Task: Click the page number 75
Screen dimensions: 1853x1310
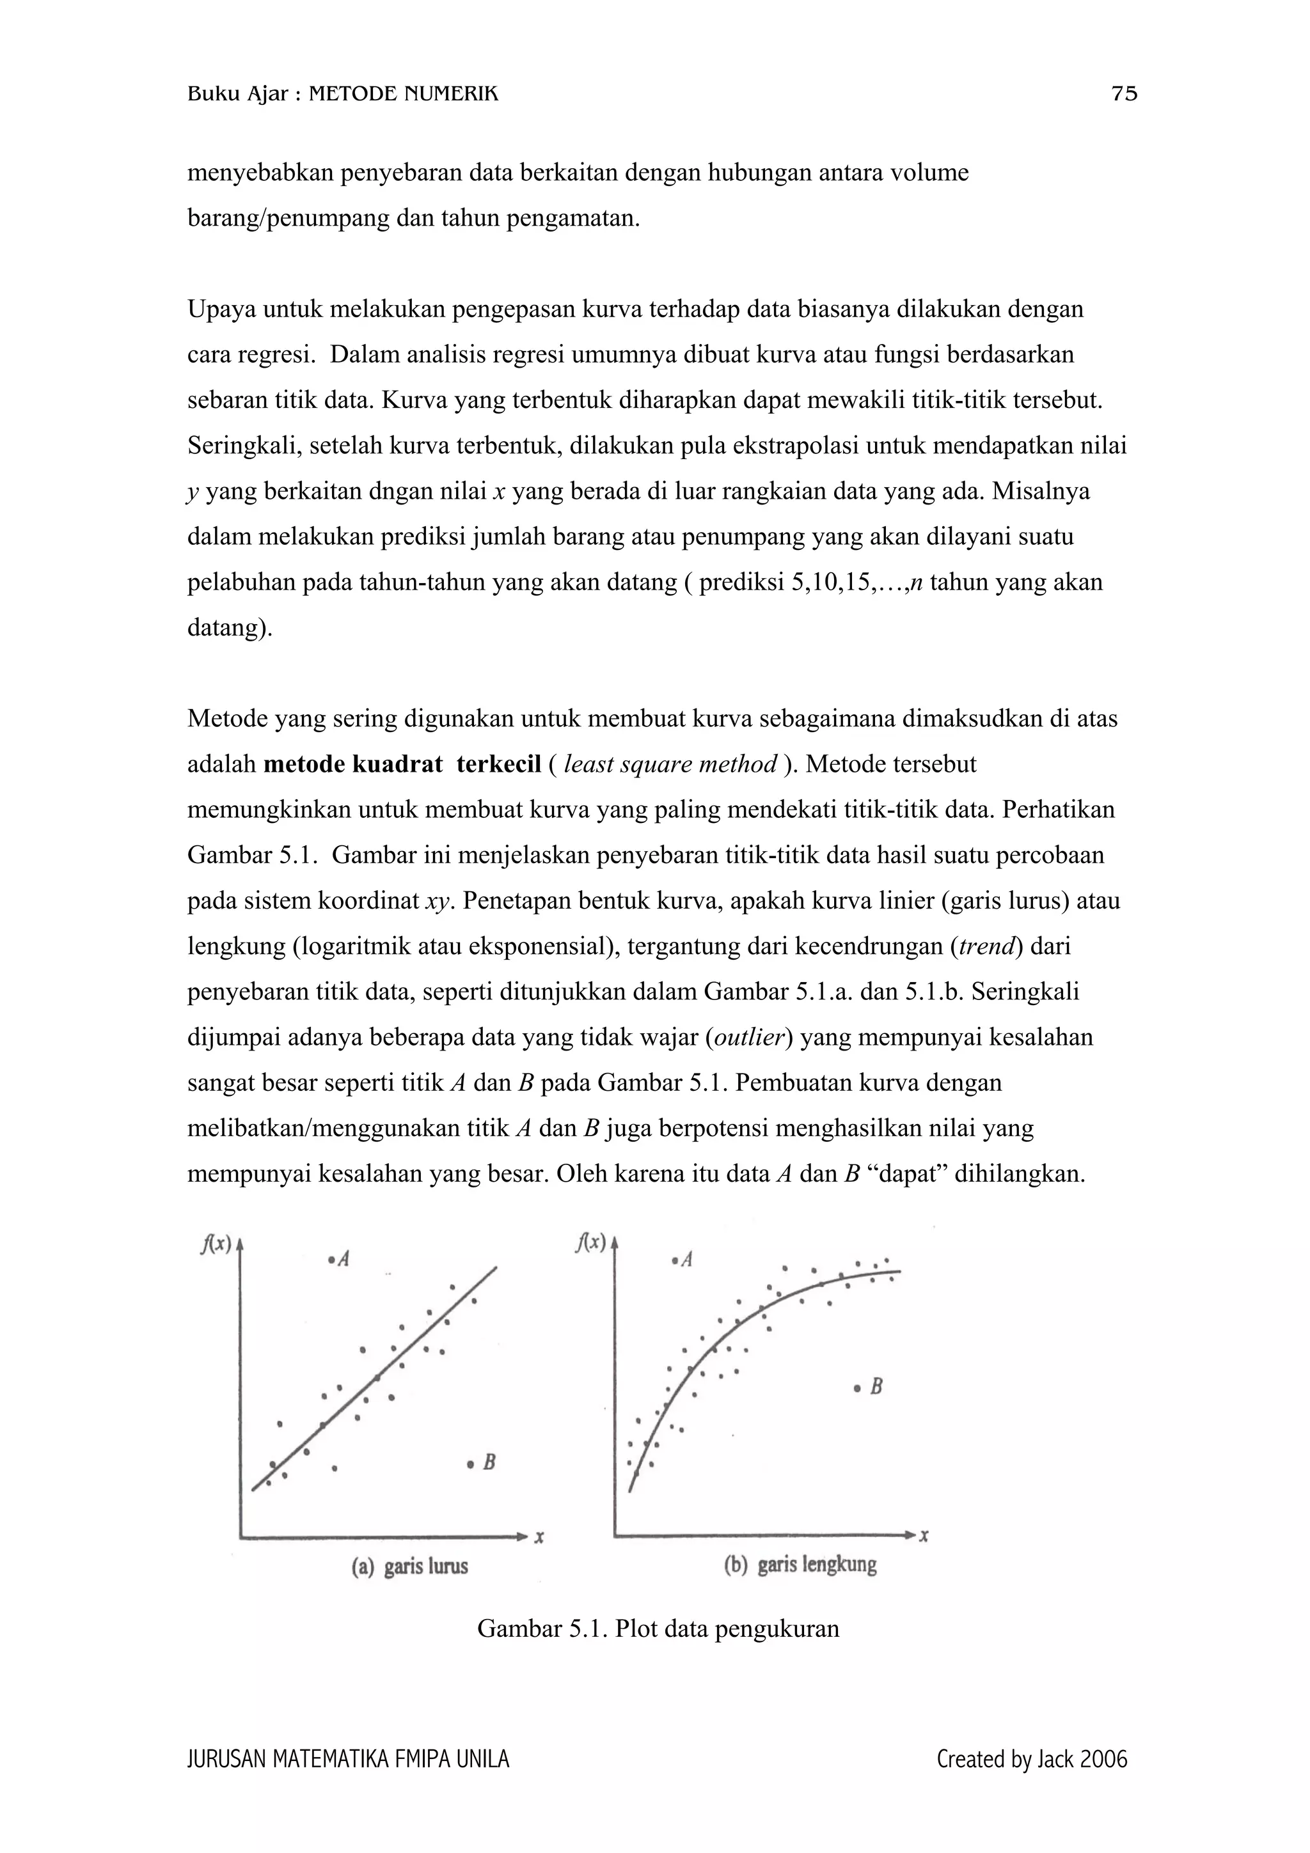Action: click(1125, 95)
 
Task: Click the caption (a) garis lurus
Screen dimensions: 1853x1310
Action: click(410, 1567)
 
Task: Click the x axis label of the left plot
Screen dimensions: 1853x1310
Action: click(539, 1538)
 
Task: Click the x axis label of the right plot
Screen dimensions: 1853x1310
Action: click(924, 1536)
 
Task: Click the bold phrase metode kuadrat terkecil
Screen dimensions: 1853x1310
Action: click(402, 764)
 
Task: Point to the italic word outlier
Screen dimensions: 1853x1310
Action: click(750, 1037)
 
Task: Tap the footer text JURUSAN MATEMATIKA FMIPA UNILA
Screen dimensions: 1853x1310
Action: click(348, 1760)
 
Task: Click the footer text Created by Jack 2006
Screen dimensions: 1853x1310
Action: click(1032, 1760)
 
